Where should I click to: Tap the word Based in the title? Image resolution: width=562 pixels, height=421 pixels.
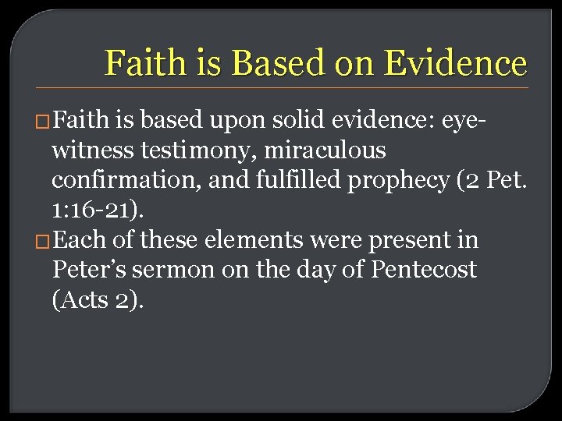coord(267,63)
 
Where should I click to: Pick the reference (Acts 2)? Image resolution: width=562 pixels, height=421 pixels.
coord(98,299)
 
